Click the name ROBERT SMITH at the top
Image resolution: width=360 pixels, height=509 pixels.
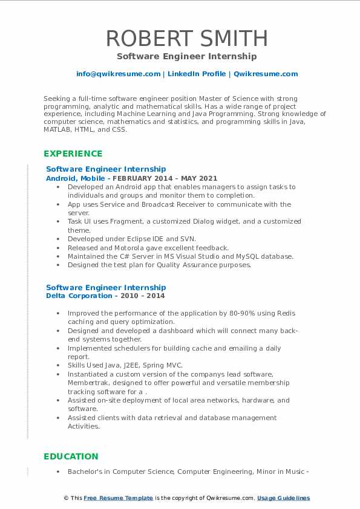point(186,38)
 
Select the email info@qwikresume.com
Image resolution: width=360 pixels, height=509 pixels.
point(118,74)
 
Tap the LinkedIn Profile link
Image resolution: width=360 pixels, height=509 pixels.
point(196,74)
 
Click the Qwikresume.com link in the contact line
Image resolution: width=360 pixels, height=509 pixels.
point(266,74)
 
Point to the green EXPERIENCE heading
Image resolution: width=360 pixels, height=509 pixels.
point(73,154)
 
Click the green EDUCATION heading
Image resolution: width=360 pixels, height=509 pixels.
point(71,456)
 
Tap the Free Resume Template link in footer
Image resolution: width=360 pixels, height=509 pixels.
point(119,498)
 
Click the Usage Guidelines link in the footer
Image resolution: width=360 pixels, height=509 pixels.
point(283,498)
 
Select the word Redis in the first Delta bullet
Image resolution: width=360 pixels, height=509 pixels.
point(286,313)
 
